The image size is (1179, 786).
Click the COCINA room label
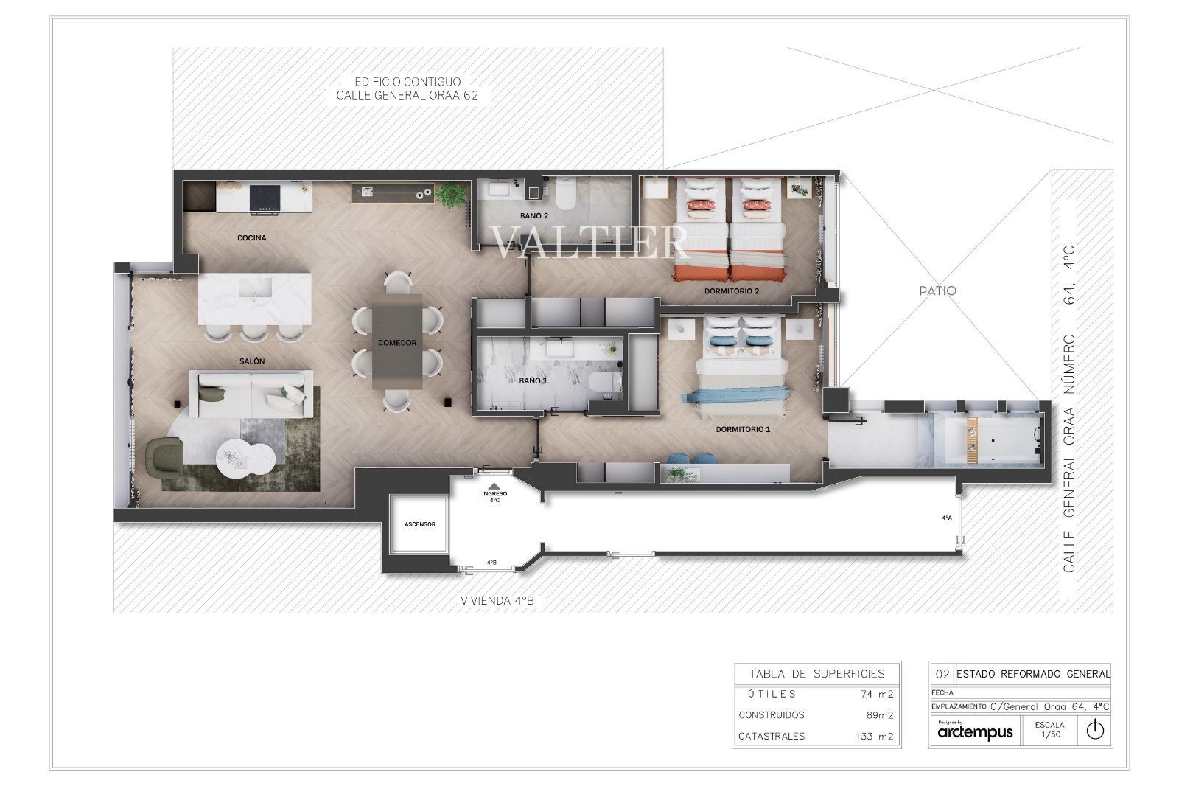click(251, 238)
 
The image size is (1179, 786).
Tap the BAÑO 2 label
click(534, 216)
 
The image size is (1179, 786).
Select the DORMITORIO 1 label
click(743, 429)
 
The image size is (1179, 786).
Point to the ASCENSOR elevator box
click(419, 524)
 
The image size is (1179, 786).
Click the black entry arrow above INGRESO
click(494, 486)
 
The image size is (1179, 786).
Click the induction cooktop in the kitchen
click(265, 198)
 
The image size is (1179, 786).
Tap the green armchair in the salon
click(164, 459)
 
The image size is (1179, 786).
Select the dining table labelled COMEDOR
click(397, 341)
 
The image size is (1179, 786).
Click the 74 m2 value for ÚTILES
click(876, 695)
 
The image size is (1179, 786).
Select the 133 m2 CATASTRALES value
click(874, 737)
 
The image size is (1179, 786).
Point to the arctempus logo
click(975, 732)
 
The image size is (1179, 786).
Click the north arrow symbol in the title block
click(1095, 730)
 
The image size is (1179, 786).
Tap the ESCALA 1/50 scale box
click(1049, 730)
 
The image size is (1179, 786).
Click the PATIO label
click(937, 291)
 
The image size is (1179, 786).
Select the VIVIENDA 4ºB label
click(497, 601)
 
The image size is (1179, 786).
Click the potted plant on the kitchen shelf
click(451, 194)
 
